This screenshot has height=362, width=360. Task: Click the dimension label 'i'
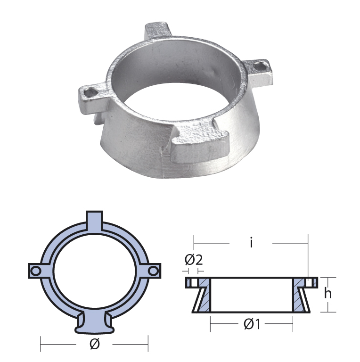pyautogui.click(x=252, y=243)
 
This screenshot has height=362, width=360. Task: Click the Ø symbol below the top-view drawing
pyautogui.click(x=94, y=345)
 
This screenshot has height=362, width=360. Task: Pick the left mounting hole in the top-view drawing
pyautogui.click(x=34, y=271)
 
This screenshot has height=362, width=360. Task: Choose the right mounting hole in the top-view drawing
pyautogui.click(x=154, y=271)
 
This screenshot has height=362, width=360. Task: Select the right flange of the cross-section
pyautogui.click(x=309, y=283)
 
